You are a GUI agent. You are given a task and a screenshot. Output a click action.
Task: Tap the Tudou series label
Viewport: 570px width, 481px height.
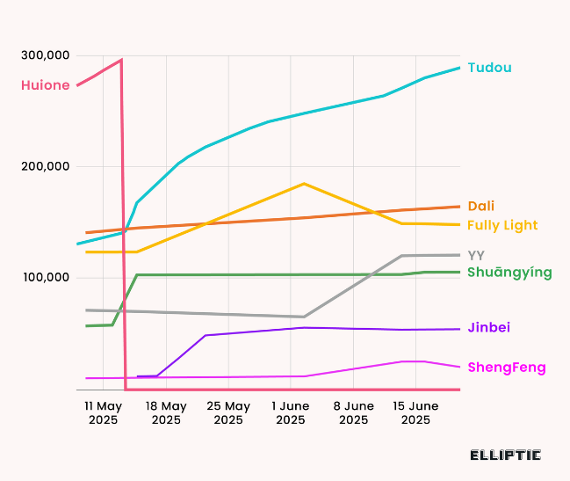pyautogui.click(x=489, y=68)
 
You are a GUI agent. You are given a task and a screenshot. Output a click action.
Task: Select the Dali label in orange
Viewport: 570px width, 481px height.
pyautogui.click(x=480, y=206)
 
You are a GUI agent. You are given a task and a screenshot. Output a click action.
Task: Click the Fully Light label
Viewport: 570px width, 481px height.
pyautogui.click(x=501, y=225)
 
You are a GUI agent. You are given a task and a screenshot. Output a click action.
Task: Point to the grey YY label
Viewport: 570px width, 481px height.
pyautogui.click(x=476, y=255)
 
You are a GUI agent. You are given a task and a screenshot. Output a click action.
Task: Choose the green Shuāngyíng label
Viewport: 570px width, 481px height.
pyautogui.click(x=509, y=273)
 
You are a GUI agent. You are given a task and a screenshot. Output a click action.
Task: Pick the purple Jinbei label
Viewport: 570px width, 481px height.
pyautogui.click(x=488, y=327)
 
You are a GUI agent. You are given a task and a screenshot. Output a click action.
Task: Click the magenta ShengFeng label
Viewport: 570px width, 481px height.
pyautogui.click(x=506, y=367)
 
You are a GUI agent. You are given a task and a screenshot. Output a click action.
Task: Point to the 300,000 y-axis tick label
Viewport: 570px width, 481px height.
pyautogui.click(x=46, y=55)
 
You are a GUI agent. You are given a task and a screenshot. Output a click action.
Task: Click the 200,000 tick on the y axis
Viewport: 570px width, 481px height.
pyautogui.click(x=46, y=167)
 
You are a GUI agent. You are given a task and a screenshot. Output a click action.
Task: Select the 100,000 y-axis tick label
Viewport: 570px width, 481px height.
pyautogui.click(x=46, y=278)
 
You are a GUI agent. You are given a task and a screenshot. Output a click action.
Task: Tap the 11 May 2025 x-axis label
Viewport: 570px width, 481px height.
pyautogui.click(x=104, y=412)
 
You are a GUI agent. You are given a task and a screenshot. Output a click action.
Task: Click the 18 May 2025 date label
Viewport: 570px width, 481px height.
pyautogui.click(x=166, y=412)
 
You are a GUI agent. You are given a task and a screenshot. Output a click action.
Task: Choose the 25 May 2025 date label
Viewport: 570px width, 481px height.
pyautogui.click(x=228, y=412)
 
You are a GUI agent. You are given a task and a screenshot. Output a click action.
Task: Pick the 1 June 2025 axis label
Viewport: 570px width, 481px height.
pyautogui.click(x=291, y=412)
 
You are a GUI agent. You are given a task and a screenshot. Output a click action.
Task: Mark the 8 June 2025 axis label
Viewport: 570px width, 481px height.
pyautogui.click(x=353, y=412)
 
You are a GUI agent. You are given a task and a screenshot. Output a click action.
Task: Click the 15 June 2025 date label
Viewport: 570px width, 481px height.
pyautogui.click(x=415, y=412)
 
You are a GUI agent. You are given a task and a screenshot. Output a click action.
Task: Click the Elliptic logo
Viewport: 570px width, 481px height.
pyautogui.click(x=505, y=455)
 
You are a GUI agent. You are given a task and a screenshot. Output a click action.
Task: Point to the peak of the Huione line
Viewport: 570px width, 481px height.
pyautogui.click(x=121, y=60)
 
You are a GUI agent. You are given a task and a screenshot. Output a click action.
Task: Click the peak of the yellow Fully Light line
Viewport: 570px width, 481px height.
pyautogui.click(x=304, y=184)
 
